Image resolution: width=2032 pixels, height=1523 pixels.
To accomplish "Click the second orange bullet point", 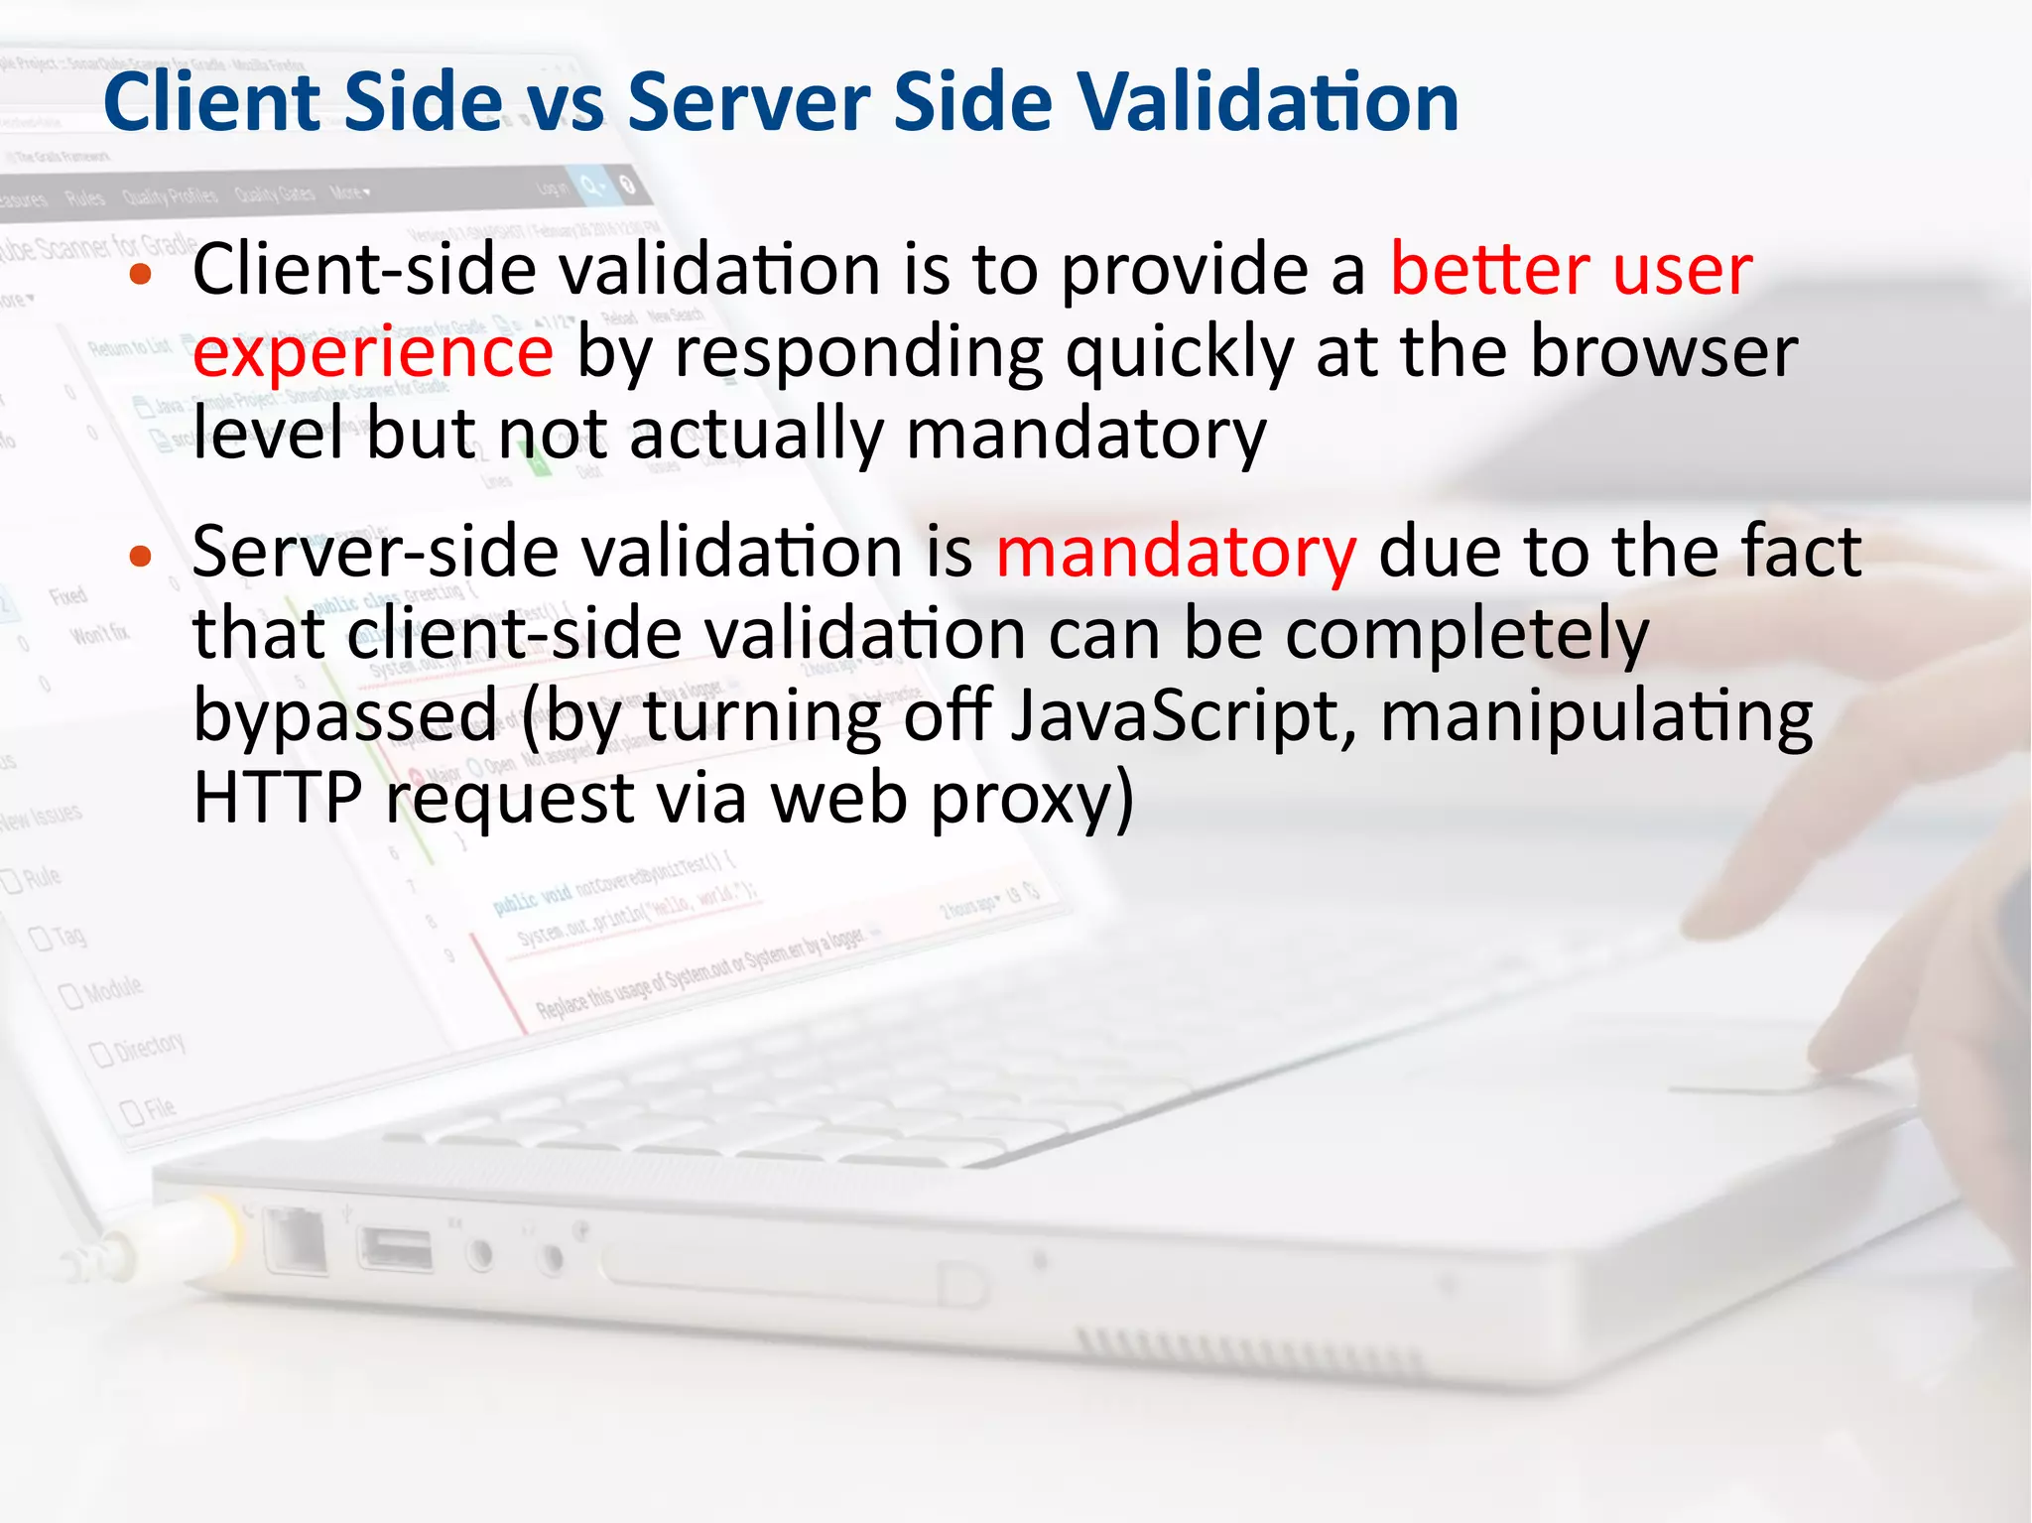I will pyautogui.click(x=141, y=557).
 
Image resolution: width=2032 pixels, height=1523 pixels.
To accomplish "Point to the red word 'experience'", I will pyautogui.click(x=372, y=354).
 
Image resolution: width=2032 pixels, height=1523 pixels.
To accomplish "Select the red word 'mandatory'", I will pyautogui.click(x=1175, y=553).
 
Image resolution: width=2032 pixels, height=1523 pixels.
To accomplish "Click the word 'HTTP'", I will pyautogui.click(x=278, y=798).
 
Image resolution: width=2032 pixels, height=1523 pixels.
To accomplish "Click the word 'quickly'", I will pyautogui.click(x=1179, y=354).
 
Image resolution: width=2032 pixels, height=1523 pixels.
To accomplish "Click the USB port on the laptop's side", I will pyautogui.click(x=395, y=1248).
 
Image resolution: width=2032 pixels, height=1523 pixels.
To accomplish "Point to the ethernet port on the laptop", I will pyautogui.click(x=296, y=1240).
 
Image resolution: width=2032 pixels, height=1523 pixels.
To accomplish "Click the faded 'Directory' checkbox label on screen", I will pyautogui.click(x=149, y=1046).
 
